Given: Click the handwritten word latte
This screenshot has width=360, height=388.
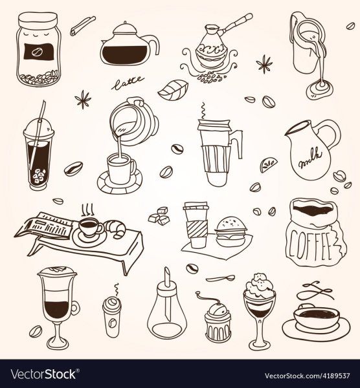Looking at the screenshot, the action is click(x=127, y=83).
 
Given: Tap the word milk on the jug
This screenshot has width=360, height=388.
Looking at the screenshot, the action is click(x=310, y=158).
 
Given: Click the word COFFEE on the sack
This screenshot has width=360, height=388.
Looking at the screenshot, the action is click(x=310, y=243).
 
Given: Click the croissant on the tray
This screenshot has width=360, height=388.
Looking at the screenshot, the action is click(x=116, y=228).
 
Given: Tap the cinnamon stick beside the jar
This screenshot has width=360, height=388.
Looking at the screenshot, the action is click(x=82, y=26).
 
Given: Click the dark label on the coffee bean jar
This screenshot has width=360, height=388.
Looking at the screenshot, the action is click(x=38, y=52).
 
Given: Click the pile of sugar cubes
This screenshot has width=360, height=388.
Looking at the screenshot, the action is click(x=159, y=216).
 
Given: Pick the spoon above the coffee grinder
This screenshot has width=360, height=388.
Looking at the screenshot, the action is click(x=220, y=278).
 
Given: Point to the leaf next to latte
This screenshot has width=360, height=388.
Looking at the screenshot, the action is click(x=173, y=89).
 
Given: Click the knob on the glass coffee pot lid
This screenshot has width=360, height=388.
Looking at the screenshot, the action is click(x=125, y=23).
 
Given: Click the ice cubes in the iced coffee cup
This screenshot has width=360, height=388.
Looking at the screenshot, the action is click(x=39, y=175).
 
